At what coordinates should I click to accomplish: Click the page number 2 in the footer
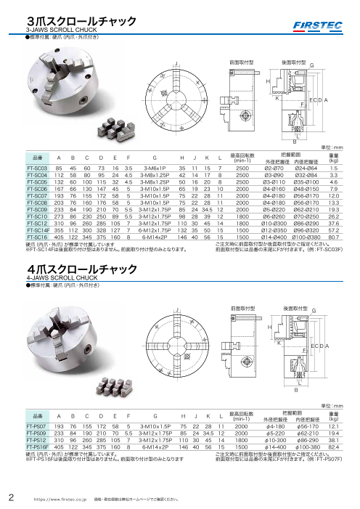(x=10, y=497)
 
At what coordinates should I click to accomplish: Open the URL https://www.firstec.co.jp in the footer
(x=60, y=498)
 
